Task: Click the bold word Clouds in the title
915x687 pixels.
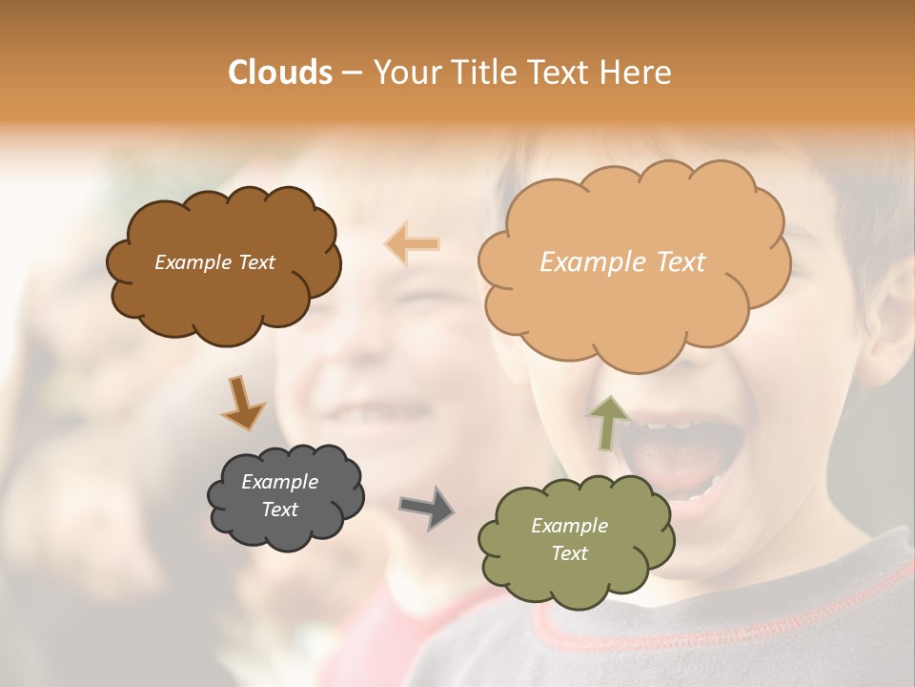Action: click(x=280, y=73)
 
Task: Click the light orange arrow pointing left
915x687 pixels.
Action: click(x=413, y=243)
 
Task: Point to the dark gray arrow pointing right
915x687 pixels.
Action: click(x=427, y=507)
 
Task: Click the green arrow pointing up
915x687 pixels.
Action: click(x=608, y=421)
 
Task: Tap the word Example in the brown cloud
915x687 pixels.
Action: click(x=193, y=262)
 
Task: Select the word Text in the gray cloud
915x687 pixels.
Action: click(x=280, y=510)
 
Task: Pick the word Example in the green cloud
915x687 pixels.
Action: click(x=569, y=526)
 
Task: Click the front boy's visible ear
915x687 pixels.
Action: click(x=891, y=329)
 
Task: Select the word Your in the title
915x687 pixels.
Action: click(x=400, y=73)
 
